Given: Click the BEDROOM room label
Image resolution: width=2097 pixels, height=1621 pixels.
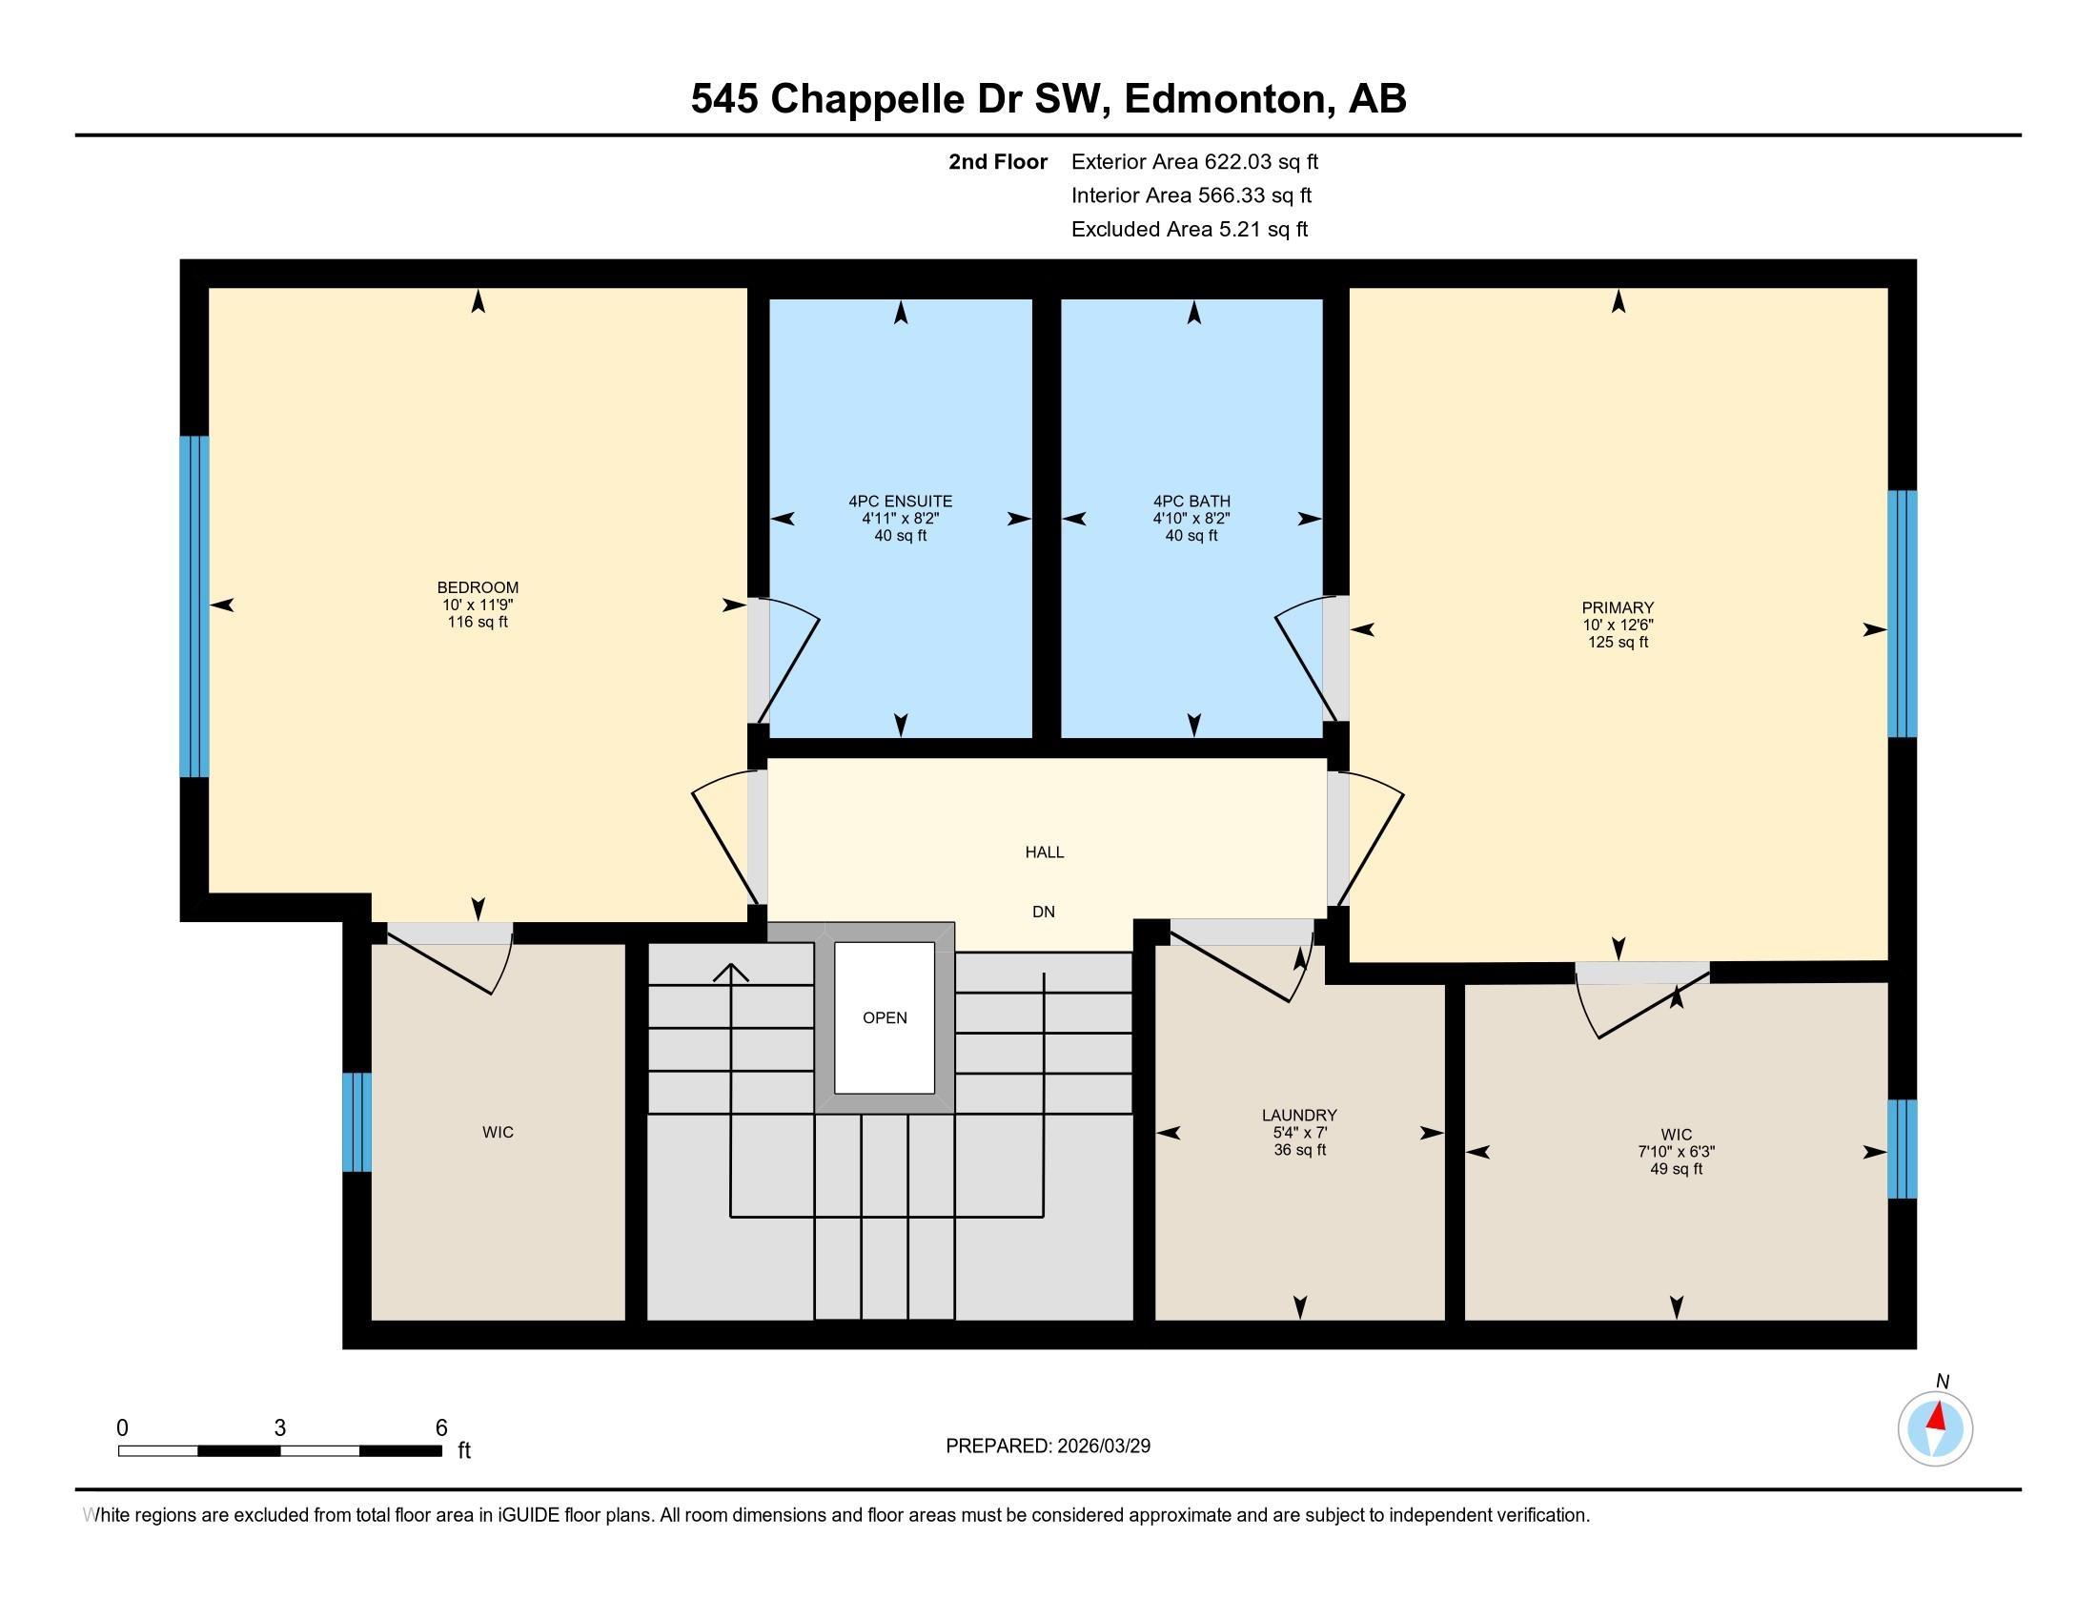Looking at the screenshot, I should (478, 586).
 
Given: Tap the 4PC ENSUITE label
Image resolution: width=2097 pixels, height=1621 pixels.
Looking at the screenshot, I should (900, 501).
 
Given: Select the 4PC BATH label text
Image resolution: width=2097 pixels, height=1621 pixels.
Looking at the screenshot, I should (1191, 501).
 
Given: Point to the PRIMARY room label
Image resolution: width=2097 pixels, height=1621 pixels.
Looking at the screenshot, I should (1617, 606).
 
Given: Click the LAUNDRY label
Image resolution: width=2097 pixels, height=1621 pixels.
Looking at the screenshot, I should (1298, 1115).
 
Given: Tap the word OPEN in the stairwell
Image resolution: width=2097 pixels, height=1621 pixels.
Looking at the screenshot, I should (885, 1018).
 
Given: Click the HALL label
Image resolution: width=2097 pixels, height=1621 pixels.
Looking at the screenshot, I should (1044, 852).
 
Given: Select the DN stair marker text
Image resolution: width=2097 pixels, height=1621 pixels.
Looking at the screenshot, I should (1043, 912).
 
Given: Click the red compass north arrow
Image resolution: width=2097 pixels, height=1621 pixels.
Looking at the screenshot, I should (1937, 1416).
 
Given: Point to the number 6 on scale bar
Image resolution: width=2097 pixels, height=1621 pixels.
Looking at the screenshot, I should (440, 1428).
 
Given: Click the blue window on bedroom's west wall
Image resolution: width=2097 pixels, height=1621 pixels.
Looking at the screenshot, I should (193, 605).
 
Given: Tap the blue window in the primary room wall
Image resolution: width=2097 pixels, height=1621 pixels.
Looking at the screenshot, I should (1902, 614).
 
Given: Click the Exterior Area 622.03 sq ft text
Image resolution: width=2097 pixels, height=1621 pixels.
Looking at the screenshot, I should (1194, 161).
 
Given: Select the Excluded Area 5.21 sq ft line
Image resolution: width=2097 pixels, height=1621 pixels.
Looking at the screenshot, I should (1189, 229).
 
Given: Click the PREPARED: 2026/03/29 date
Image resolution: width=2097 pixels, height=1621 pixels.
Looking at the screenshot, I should (1048, 1446).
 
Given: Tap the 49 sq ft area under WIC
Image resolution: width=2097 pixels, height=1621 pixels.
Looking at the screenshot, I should (1676, 1169).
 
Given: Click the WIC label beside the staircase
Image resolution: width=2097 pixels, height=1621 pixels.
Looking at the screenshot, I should (498, 1132).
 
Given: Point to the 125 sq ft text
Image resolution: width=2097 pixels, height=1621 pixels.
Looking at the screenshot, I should (1617, 642).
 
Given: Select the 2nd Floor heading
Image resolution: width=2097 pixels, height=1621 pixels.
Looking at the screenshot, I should (997, 161).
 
